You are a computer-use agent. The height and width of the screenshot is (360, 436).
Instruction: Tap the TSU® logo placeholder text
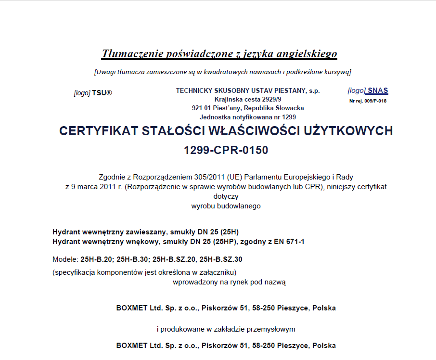tap(102, 93)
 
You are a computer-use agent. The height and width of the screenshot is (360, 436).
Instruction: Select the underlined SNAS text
tap(378, 90)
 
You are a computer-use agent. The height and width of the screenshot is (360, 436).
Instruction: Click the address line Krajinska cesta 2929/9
tap(248, 99)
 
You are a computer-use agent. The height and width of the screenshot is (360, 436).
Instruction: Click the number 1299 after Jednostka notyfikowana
tap(289, 117)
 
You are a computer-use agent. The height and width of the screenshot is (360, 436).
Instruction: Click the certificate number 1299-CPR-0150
tap(226, 150)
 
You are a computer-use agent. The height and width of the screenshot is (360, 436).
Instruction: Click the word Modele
tap(64, 259)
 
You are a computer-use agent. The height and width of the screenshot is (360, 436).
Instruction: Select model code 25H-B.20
tap(96, 259)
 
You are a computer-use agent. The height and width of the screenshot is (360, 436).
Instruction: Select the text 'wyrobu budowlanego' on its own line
tap(226, 206)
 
